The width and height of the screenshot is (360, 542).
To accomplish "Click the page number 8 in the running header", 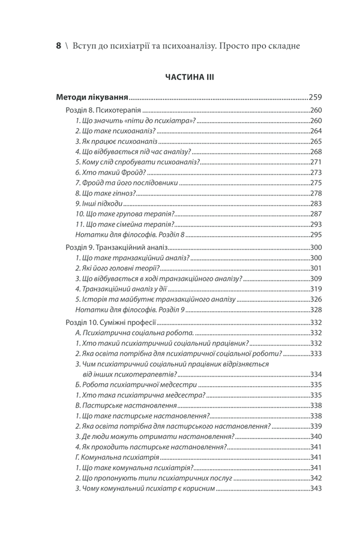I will (x=58, y=46).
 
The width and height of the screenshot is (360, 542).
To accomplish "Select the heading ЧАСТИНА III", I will (x=185, y=77).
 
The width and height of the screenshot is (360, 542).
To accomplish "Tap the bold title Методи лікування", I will (x=92, y=97).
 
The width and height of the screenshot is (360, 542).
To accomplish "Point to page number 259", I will (x=315, y=97).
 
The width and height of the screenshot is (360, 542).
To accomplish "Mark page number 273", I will (x=316, y=173).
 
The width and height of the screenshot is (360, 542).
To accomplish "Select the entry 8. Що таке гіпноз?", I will (x=106, y=193).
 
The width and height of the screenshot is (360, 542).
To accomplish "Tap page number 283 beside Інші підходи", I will (x=316, y=203).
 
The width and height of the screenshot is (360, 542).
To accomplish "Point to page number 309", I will (x=316, y=279).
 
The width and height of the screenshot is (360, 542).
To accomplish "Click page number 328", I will (x=316, y=309).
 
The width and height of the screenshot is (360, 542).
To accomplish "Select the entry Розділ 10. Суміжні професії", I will (x=111, y=323).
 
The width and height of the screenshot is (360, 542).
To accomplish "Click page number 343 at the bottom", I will (x=316, y=488).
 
